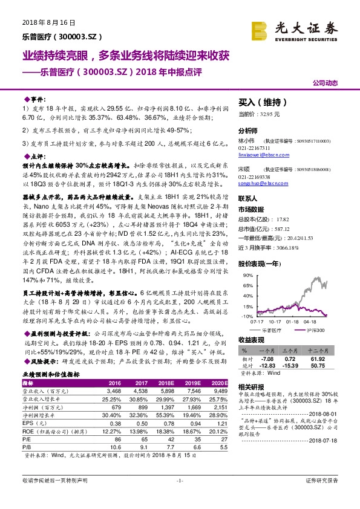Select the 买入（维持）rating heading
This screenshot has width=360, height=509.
click(x=261, y=103)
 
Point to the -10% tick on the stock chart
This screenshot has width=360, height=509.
click(x=246, y=316)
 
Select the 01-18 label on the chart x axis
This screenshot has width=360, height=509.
click(x=293, y=322)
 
